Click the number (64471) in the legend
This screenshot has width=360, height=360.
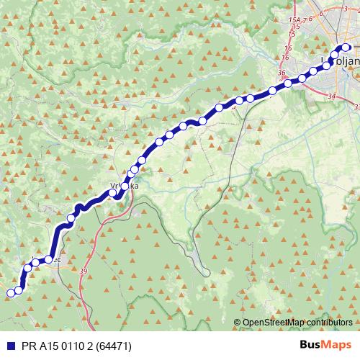click(112, 346)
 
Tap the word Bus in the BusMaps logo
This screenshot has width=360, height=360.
click(311, 345)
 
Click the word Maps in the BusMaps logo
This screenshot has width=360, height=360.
click(337, 345)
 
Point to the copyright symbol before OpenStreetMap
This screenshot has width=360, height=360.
click(237, 323)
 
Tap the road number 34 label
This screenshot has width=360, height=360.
click(331, 95)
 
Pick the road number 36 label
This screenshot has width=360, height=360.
click(281, 73)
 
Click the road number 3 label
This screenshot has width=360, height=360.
click(346, 9)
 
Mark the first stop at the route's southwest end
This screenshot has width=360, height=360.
click(10, 292)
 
